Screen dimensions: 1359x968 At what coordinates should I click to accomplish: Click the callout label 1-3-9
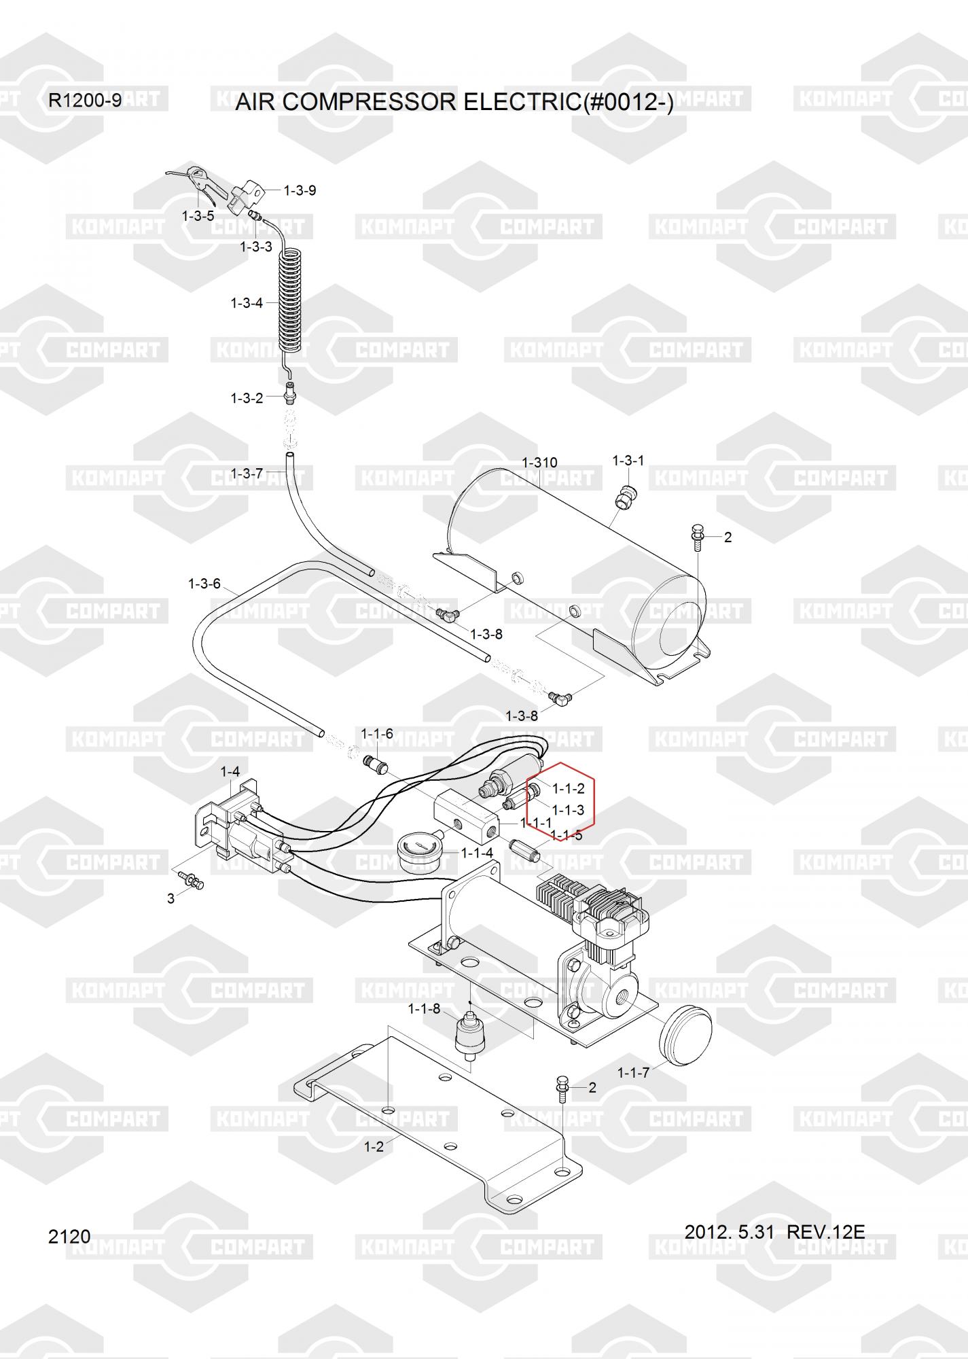tap(300, 190)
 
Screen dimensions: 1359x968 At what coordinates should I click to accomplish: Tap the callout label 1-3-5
tap(198, 216)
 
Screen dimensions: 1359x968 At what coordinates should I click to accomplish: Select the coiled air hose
tap(291, 299)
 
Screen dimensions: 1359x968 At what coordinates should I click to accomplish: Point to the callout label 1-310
tap(539, 462)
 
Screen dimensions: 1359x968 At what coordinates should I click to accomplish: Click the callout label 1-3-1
tap(628, 461)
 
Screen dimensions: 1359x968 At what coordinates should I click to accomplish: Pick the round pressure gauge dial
tap(416, 855)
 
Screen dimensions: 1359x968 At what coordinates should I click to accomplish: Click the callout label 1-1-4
tap(478, 853)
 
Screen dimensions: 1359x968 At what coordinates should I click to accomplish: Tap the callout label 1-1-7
tap(633, 1072)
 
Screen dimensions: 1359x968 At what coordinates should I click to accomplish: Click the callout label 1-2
tap(374, 1146)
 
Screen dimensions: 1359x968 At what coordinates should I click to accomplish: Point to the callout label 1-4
tap(230, 772)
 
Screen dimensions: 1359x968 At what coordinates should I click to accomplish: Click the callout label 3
tap(171, 898)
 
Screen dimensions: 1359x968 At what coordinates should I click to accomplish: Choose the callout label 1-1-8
tap(424, 1008)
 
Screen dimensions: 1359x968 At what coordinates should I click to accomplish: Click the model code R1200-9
tap(85, 101)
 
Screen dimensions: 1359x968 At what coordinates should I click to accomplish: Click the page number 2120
tap(69, 1236)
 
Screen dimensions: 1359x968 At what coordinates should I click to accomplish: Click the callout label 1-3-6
tap(204, 584)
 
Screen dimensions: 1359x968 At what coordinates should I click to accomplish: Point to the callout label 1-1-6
tap(377, 734)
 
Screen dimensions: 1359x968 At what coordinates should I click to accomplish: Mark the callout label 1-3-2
tap(247, 398)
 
